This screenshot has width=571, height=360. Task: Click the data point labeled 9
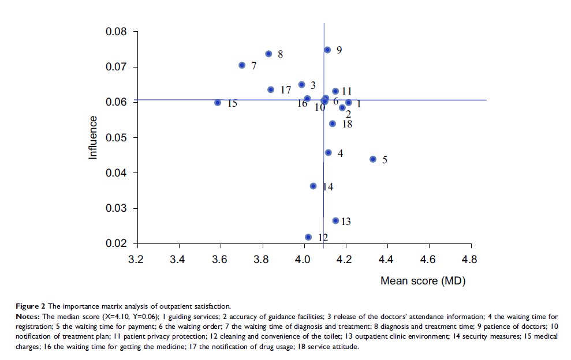pos(327,50)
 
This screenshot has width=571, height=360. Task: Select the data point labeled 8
pos(268,54)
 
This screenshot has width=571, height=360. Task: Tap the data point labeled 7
pos(242,65)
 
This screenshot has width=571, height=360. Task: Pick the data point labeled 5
pos(373,159)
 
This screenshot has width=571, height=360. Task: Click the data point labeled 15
pos(218,103)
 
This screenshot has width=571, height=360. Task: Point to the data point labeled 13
pos(335,220)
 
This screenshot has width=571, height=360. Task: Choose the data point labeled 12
pos(308,237)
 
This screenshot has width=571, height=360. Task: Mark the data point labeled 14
pos(313,186)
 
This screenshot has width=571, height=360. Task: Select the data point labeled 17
pos(271,89)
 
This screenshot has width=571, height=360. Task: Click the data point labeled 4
pos(329,152)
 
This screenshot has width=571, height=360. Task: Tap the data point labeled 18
pos(333,123)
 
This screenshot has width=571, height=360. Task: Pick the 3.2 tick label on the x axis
pos(136,260)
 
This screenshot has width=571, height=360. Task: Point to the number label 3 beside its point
pos(313,85)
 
